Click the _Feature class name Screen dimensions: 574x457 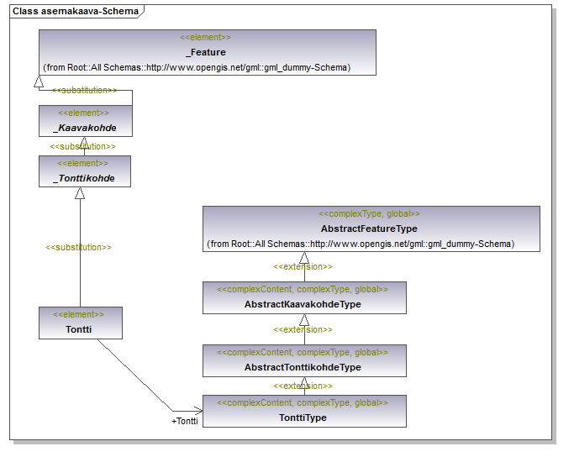click(x=206, y=52)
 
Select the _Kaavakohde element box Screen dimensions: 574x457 click(x=86, y=121)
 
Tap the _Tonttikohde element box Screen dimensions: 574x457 click(x=85, y=171)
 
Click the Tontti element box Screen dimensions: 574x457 click(x=81, y=323)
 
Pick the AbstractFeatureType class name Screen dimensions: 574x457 click(x=369, y=228)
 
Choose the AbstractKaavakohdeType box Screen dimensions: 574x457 click(x=304, y=298)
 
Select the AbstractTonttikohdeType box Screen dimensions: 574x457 click(x=304, y=360)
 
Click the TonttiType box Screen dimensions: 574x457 click(x=304, y=411)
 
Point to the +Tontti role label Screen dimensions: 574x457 click(x=185, y=421)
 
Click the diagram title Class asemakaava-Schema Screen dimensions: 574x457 click(x=76, y=11)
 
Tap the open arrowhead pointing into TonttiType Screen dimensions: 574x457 click(x=198, y=411)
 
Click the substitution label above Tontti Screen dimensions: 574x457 click(x=78, y=247)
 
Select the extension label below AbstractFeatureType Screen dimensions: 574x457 click(x=303, y=267)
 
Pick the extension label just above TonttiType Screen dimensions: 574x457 click(x=303, y=386)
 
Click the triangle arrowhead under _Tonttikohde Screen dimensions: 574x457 click(x=80, y=193)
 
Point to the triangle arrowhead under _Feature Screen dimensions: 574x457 click(x=39, y=81)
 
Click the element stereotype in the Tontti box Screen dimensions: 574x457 click(x=78, y=314)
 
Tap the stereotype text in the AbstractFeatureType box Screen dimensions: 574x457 click(x=369, y=213)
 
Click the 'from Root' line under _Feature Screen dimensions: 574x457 click(x=197, y=68)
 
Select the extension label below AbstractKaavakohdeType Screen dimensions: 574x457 click(x=303, y=329)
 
